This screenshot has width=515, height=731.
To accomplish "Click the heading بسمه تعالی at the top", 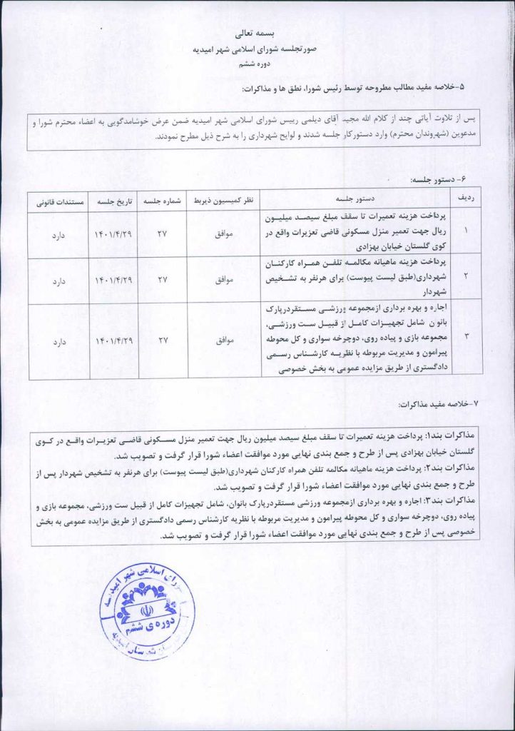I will pos(258,34).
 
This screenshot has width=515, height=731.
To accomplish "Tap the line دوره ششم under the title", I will pos(257,64).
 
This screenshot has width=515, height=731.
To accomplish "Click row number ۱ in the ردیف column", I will pos(467,233).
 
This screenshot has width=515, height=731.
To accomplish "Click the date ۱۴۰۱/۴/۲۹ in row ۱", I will pos(113,233).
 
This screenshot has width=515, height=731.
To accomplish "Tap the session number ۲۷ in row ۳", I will pos(161,341).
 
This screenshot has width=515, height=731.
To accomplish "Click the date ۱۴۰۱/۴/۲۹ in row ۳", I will pos(113,341).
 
